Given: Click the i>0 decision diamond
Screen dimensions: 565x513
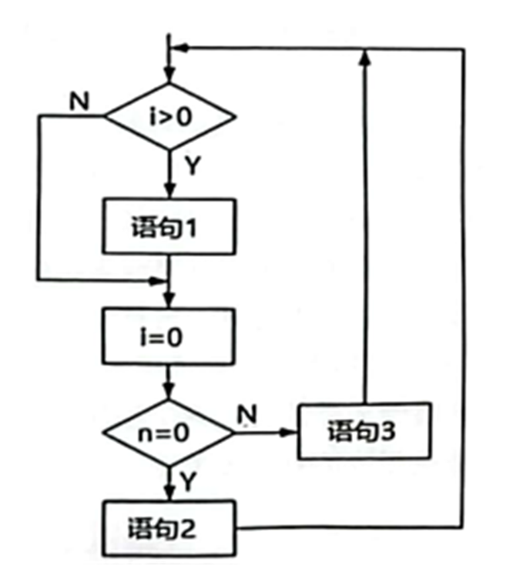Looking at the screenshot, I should [169, 118].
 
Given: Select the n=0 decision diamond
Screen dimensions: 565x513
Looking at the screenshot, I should [169, 432].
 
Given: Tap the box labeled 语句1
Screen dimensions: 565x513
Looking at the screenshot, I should [169, 227].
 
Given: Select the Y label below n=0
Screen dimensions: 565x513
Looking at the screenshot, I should [188, 481].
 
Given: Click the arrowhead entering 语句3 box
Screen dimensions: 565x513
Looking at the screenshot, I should [290, 432].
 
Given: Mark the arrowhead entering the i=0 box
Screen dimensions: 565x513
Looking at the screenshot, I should [169, 306].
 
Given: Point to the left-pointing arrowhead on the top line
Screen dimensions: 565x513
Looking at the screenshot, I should [179, 48].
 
